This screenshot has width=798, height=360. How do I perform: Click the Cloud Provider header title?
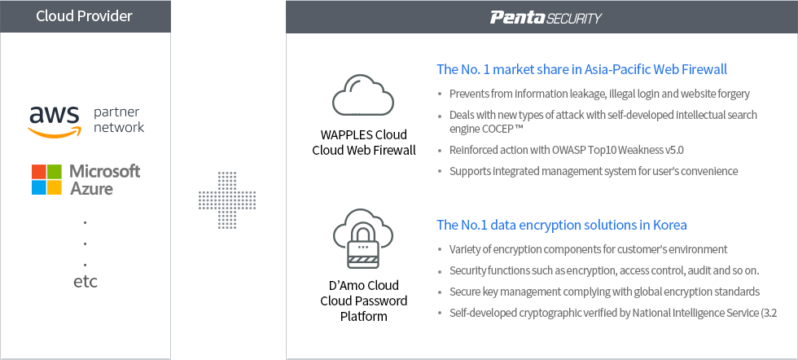(84, 15)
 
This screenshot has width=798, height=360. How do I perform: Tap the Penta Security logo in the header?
(546, 18)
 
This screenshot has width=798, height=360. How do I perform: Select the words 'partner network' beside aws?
(119, 120)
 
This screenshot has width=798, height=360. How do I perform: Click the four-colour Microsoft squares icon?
(47, 180)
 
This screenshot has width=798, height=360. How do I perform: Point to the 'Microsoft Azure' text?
(105, 179)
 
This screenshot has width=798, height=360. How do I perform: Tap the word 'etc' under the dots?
(85, 282)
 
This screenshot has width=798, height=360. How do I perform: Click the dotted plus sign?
(227, 200)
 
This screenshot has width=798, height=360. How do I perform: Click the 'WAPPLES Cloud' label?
(364, 135)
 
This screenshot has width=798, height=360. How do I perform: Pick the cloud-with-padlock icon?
(363, 239)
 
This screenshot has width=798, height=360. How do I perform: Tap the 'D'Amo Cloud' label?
(363, 285)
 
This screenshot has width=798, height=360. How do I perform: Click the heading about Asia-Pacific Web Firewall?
(581, 69)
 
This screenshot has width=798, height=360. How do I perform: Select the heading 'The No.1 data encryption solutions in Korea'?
(562, 225)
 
